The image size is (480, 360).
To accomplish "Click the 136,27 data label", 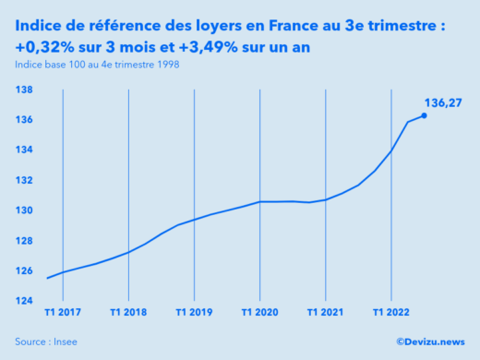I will [443, 102].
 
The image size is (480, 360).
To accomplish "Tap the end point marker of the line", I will [424, 115].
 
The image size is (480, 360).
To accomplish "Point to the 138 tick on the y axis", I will [25, 90].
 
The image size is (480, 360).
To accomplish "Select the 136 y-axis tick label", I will [25, 120].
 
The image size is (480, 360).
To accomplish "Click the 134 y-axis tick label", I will [25, 150].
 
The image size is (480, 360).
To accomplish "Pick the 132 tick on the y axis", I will [25, 180].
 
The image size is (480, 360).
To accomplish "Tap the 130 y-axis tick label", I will [25, 210].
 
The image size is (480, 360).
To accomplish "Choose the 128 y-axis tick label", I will [25, 240].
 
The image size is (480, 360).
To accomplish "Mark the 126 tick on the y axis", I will [25, 270].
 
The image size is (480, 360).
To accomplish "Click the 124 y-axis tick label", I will [25, 301].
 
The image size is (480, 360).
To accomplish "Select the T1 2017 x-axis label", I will [63, 312].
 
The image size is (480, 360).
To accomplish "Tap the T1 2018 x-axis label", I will [128, 312].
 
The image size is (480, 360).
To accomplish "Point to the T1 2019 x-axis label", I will [194, 312].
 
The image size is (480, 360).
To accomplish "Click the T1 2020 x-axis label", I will [259, 312].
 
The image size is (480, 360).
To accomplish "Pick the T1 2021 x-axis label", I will [325, 312].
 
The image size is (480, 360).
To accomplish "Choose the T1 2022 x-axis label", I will [390, 312].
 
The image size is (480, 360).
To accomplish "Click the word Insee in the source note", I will [65, 342].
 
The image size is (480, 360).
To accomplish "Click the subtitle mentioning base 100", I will [97, 64].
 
